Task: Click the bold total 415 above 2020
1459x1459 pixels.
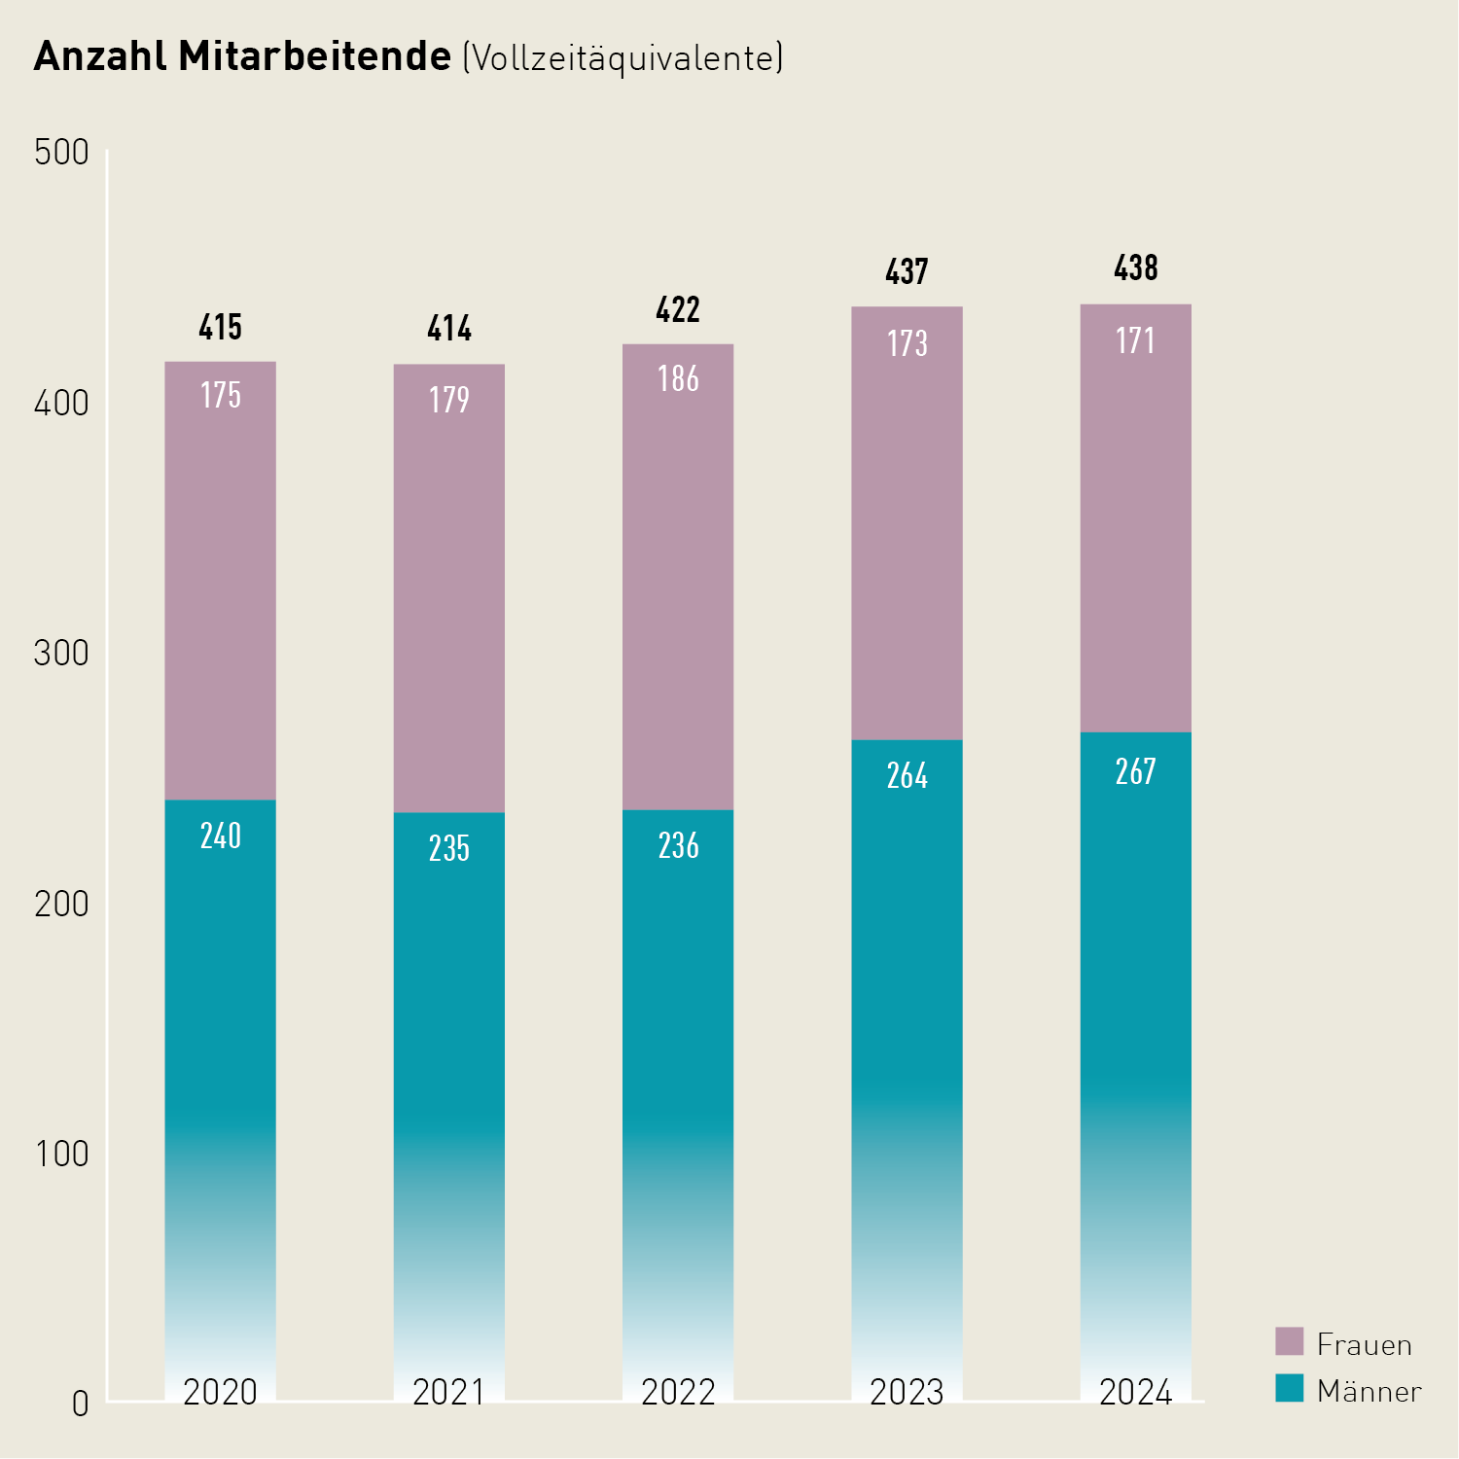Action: pyautogui.click(x=220, y=328)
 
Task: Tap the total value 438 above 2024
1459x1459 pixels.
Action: pyautogui.click(x=1135, y=268)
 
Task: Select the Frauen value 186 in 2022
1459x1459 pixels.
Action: pyautogui.click(x=678, y=378)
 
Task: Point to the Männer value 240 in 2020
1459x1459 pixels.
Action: pyautogui.click(x=220, y=836)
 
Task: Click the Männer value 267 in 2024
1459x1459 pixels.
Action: pyautogui.click(x=1135, y=771)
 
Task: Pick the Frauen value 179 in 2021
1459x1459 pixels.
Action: pyautogui.click(x=448, y=400)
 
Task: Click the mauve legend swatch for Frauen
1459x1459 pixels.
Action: pyautogui.click(x=1289, y=1341)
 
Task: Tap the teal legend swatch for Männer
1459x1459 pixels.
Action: pyautogui.click(x=1289, y=1388)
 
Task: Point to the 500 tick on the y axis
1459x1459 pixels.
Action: pyautogui.click(x=61, y=153)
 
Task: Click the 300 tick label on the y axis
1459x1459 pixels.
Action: pyautogui.click(x=61, y=653)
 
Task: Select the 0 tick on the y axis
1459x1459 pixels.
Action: pyautogui.click(x=80, y=1404)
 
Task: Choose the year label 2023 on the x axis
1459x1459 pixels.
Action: pyautogui.click(x=907, y=1392)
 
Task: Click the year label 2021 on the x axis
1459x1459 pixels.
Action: pyautogui.click(x=448, y=1392)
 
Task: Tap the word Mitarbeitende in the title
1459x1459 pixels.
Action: pyautogui.click(x=314, y=56)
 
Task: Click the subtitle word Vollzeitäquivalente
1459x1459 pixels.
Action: pyautogui.click(x=623, y=58)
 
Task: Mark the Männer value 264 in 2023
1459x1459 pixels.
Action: pyautogui.click(x=907, y=775)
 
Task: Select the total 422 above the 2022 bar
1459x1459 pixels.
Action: pyautogui.click(x=678, y=310)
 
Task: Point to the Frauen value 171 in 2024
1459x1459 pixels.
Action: pyautogui.click(x=1135, y=340)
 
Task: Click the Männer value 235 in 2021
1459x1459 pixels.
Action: pyautogui.click(x=448, y=848)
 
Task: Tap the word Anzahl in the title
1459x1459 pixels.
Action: pyautogui.click(x=101, y=56)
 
